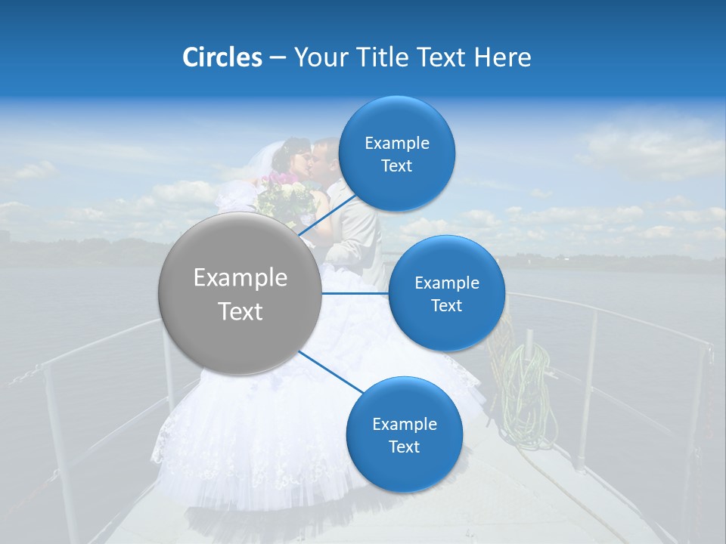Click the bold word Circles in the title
(222, 57)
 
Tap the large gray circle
(240, 294)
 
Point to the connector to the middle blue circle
(355, 293)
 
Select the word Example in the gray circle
(240, 278)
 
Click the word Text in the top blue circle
(397, 166)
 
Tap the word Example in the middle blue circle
(447, 283)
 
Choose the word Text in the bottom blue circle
(405, 447)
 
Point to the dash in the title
(278, 58)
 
